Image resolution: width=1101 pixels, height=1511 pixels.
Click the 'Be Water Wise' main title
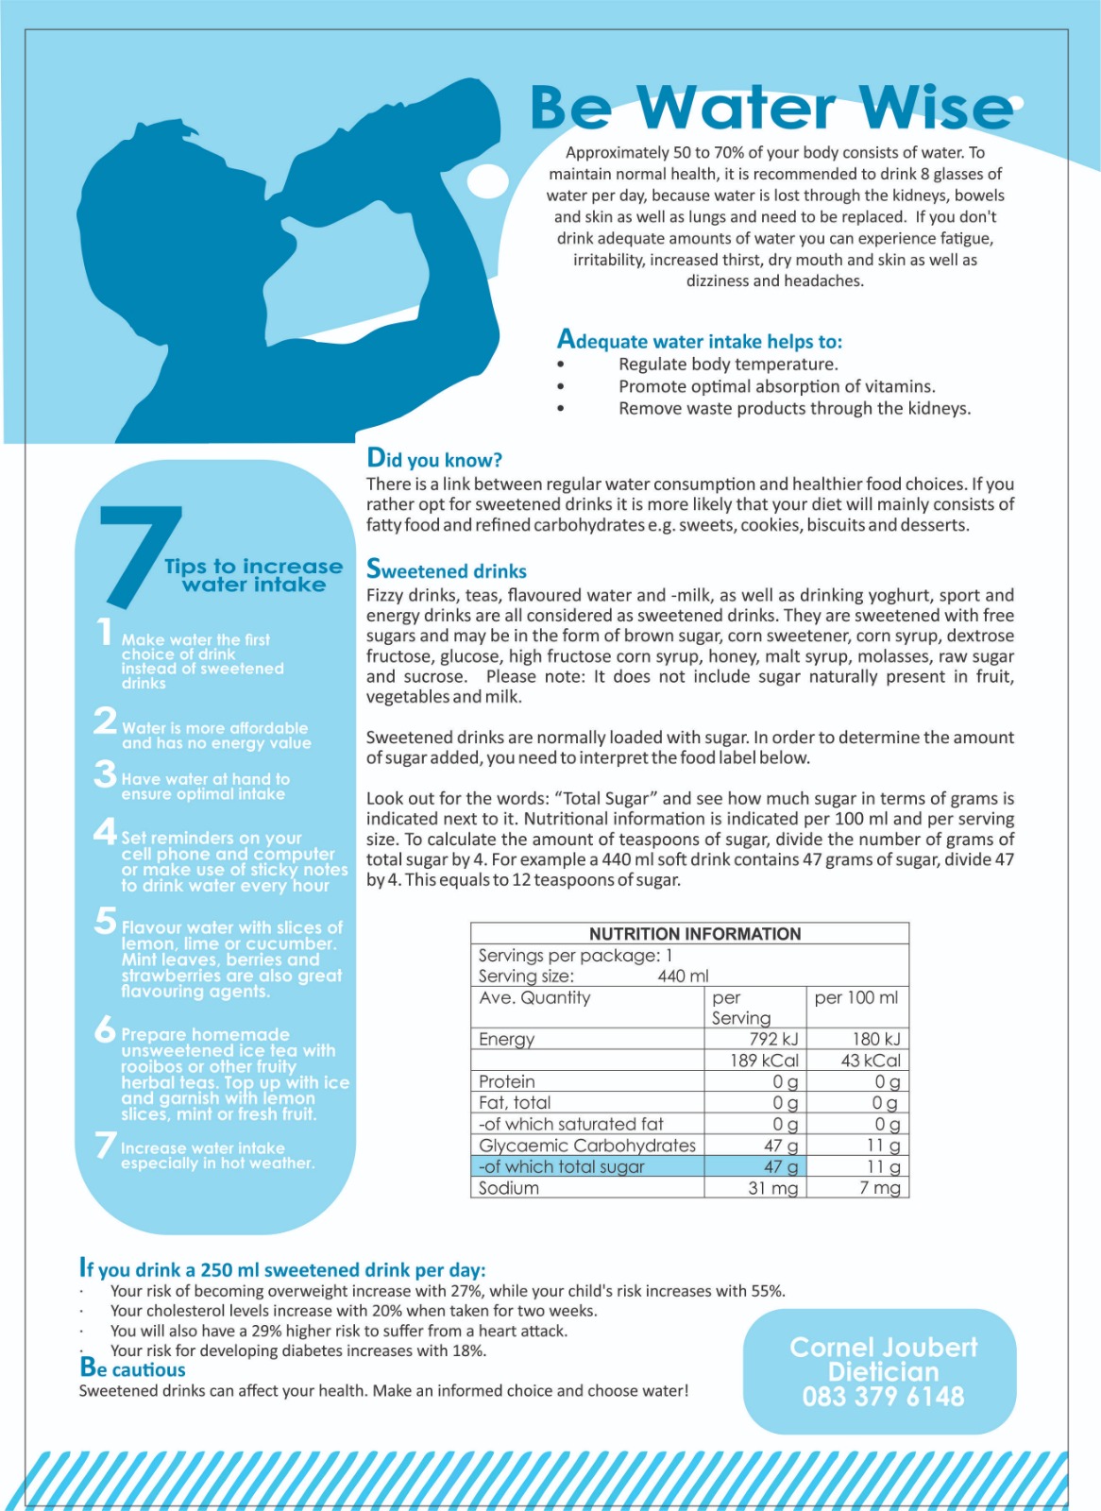click(x=771, y=107)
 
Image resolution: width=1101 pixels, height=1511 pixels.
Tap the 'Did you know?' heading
click(x=434, y=459)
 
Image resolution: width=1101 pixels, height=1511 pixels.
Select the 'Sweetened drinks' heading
click(x=446, y=570)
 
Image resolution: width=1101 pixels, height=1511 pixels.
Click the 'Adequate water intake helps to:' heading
click(x=699, y=340)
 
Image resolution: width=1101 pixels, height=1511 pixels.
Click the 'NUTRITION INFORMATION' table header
click(x=695, y=934)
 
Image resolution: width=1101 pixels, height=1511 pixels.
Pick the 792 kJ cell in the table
click(x=773, y=1039)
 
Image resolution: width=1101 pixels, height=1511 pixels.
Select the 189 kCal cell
click(x=764, y=1061)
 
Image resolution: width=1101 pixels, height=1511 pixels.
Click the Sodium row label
click(x=509, y=1188)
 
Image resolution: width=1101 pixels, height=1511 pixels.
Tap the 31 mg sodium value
click(x=772, y=1188)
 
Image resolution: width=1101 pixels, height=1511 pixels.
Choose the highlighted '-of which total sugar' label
click(x=562, y=1166)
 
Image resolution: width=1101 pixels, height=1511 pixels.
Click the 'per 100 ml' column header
click(x=856, y=997)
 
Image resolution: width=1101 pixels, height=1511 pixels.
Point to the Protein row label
click(x=507, y=1081)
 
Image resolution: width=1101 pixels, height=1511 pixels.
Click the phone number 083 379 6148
click(x=883, y=1397)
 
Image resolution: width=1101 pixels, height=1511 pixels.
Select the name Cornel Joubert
click(x=883, y=1348)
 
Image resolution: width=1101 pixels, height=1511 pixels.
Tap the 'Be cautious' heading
click(x=133, y=1368)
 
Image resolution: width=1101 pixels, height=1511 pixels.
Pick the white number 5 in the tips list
click(x=106, y=921)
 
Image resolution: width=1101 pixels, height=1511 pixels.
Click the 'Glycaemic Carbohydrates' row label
click(x=586, y=1146)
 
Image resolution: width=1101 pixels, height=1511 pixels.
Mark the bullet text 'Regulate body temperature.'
click(x=728, y=365)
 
